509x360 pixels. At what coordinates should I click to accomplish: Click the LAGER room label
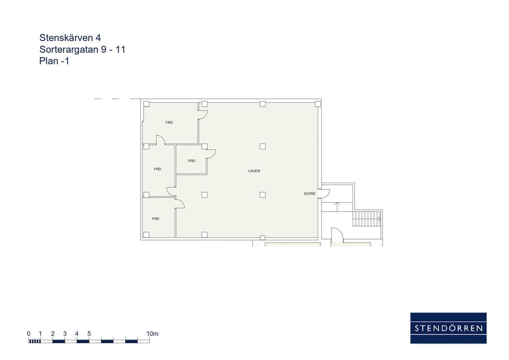(254, 171)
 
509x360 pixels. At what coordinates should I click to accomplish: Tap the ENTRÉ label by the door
(310, 194)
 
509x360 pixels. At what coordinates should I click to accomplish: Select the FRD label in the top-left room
(169, 122)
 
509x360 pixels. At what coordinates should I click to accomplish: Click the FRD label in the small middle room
(192, 161)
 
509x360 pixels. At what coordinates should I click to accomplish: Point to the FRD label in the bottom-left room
(156, 219)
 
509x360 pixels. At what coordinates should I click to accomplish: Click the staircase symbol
(367, 219)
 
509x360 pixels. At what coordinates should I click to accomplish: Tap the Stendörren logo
(449, 328)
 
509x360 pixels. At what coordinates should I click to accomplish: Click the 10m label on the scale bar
(152, 334)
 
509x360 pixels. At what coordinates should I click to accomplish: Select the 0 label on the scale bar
(28, 334)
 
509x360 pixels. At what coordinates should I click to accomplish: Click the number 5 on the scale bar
(89, 334)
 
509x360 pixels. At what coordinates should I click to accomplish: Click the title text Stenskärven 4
(70, 38)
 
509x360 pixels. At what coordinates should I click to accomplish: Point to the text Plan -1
(54, 61)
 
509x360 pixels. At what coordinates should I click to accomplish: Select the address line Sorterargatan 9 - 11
(82, 49)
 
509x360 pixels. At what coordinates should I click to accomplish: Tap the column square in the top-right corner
(317, 104)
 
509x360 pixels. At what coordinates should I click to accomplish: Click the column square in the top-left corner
(146, 104)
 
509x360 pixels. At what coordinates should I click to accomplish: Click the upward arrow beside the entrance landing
(337, 206)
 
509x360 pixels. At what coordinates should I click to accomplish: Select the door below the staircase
(337, 235)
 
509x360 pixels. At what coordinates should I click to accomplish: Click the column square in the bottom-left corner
(146, 234)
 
